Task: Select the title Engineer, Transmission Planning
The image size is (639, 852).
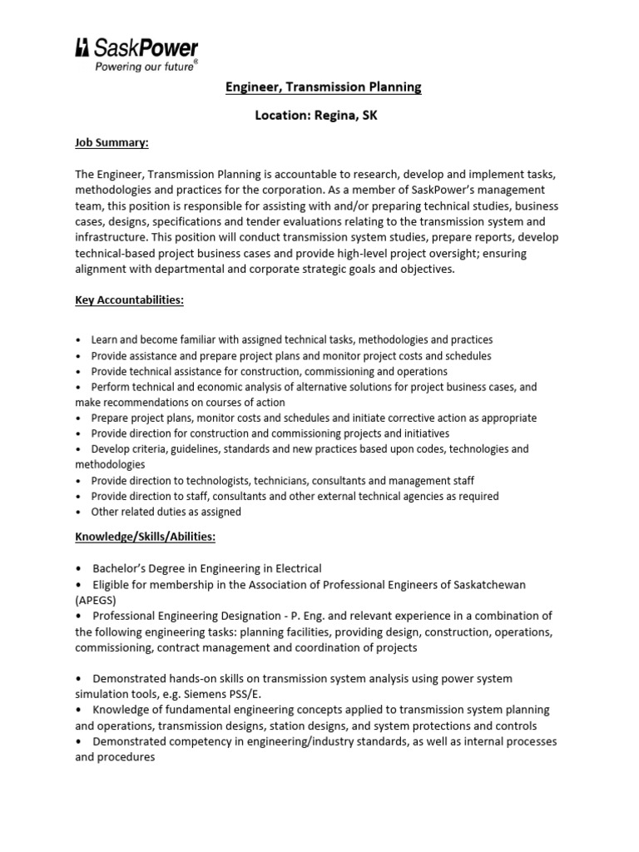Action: [324, 87]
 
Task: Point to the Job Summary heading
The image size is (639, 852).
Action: [111, 143]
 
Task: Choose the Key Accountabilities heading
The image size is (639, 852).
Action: [129, 300]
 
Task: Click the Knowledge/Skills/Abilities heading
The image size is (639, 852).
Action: [145, 537]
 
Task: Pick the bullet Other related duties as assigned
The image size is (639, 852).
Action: [166, 512]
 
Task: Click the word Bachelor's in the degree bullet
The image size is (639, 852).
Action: [123, 568]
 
